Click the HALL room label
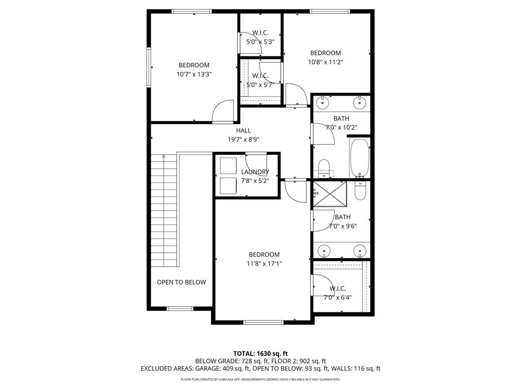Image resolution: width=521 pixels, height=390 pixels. pyautogui.click(x=243, y=131)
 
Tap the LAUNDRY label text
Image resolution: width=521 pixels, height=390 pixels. pyautogui.click(x=255, y=172)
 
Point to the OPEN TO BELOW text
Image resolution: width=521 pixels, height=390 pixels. pyautogui.click(x=181, y=282)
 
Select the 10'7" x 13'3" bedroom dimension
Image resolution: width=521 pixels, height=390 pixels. pyautogui.click(x=194, y=74)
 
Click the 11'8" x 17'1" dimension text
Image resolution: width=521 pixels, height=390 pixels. pyautogui.click(x=264, y=264)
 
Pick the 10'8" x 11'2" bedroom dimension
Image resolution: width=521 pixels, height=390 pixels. pyautogui.click(x=326, y=62)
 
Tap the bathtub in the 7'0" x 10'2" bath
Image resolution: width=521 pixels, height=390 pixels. pyautogui.click(x=360, y=157)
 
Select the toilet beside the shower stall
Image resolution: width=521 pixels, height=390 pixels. pyautogui.click(x=360, y=191)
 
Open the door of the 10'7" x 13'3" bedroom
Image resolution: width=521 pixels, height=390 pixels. pyautogui.click(x=222, y=111)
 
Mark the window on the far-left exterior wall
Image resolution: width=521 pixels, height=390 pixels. pyautogui.click(x=149, y=67)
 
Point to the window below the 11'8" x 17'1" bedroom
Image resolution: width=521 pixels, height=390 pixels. pyautogui.click(x=264, y=322)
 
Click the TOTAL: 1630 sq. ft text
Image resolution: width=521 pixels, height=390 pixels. pyautogui.click(x=260, y=353)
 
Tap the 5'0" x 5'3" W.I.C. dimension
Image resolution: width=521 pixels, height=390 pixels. pyautogui.click(x=260, y=42)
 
